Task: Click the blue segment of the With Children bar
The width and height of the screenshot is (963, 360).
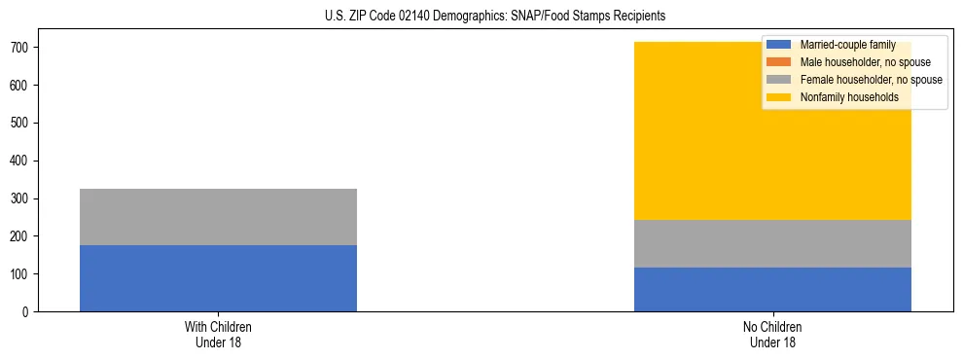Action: click(218, 278)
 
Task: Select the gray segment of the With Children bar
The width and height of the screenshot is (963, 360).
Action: click(218, 217)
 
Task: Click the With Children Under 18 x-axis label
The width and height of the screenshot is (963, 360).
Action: click(218, 335)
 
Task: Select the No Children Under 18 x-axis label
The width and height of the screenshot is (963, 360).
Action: click(772, 335)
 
